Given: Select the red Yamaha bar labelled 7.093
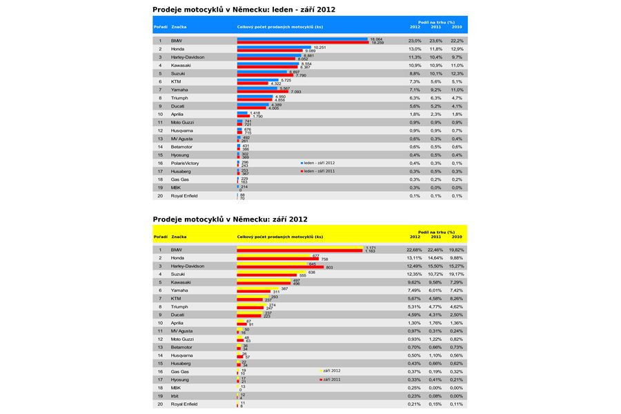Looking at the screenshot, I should pos(264,92).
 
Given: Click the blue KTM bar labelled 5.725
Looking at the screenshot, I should pos(259,80).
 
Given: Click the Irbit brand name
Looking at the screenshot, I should pos(176,396).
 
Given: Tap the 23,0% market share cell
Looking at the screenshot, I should pos(415,41).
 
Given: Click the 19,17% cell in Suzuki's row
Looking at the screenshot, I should pos(456,275).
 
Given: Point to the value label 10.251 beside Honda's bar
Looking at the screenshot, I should pos(319,48).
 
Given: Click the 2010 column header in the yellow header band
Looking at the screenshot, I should pos(457,237).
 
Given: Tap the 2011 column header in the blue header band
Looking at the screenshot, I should pos(435,27).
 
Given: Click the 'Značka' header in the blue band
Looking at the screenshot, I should pos(179,27).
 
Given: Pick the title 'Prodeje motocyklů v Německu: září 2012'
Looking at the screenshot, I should pos(230,219).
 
